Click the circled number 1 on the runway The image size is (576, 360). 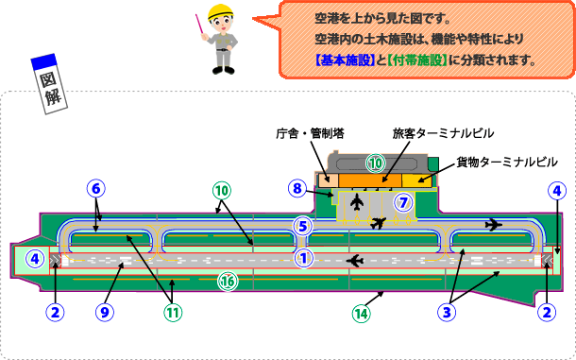[304, 256]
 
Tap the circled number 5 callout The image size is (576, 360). [302, 226]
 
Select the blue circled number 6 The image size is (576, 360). [95, 187]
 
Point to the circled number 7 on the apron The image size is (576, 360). [403, 201]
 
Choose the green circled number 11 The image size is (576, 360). [173, 308]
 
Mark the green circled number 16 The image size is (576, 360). [228, 280]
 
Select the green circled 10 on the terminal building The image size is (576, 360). [376, 163]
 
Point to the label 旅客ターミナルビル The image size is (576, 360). [443, 132]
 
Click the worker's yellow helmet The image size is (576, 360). [221, 12]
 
